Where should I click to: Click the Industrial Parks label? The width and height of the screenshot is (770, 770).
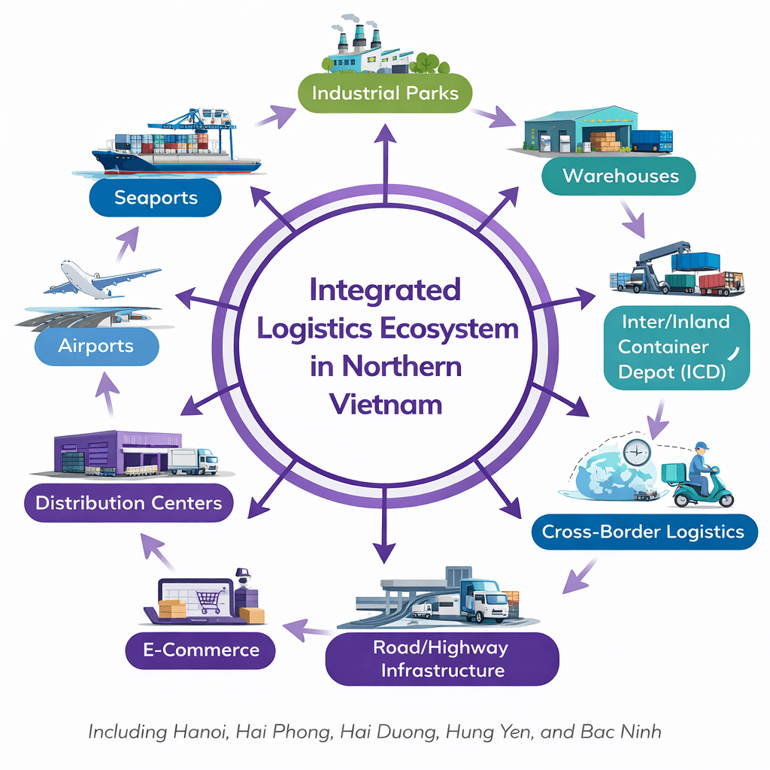(x=384, y=94)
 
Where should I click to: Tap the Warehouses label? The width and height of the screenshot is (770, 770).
(x=620, y=176)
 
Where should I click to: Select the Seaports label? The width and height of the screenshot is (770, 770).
(x=156, y=198)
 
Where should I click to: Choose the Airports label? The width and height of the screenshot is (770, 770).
(x=95, y=347)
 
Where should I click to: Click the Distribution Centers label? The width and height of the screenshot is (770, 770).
(x=129, y=502)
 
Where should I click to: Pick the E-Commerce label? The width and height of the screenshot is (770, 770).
(x=202, y=650)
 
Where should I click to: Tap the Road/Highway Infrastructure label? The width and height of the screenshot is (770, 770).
(x=443, y=658)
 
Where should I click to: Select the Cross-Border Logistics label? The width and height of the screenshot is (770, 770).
(x=642, y=532)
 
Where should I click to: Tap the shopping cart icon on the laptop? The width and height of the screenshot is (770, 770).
(x=208, y=600)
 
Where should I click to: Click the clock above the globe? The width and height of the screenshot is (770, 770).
(x=636, y=452)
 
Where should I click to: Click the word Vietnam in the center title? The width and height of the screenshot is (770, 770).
(x=384, y=405)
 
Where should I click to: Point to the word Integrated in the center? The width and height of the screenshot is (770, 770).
(x=384, y=290)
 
